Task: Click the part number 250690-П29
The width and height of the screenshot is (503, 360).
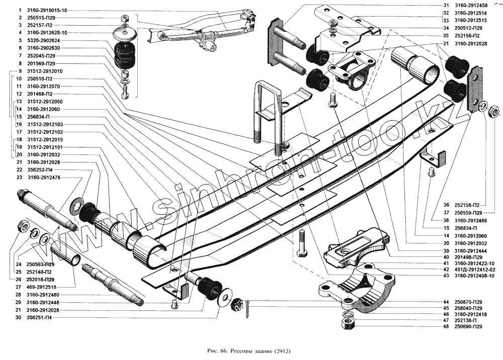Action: [x=468, y=327]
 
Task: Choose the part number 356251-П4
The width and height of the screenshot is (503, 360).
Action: [x=41, y=318]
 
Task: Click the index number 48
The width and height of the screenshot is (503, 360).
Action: [x=446, y=327]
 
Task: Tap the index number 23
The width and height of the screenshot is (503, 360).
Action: [x=19, y=177]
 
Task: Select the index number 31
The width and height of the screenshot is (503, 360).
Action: [x=446, y=6]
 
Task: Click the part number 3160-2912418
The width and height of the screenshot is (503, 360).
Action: [x=470, y=314]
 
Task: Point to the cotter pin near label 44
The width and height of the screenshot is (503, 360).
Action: [x=249, y=303]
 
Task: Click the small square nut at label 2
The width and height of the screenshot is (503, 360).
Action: [x=126, y=18]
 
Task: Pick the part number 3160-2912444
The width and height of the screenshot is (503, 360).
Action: [x=470, y=250]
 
